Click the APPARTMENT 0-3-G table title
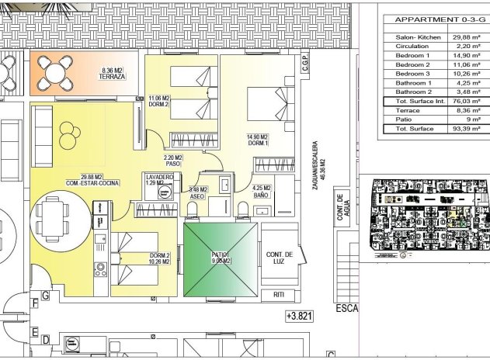click(437, 20)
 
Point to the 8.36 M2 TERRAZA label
click(113, 75)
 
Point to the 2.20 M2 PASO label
click(172, 161)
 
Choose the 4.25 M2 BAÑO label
click(261, 191)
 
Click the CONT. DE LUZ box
click(279, 258)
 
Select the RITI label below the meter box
click(279, 295)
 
